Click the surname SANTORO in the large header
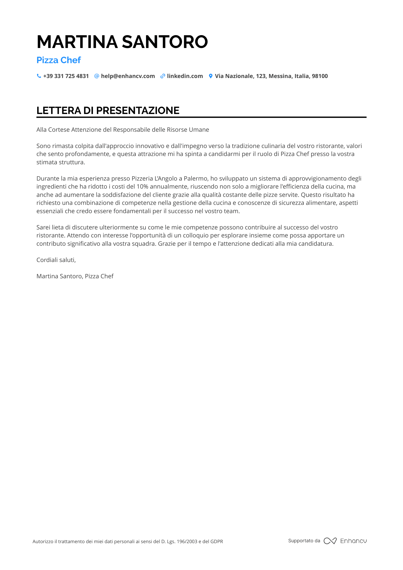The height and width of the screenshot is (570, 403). coord(165,42)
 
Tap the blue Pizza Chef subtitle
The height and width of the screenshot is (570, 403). coord(59,60)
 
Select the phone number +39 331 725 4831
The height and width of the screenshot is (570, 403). coord(66,76)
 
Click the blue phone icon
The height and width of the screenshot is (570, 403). coord(39,76)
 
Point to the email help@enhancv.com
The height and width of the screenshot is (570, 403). coord(128,76)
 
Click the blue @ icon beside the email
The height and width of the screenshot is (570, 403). coord(97,76)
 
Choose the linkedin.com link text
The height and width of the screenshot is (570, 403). coord(185,76)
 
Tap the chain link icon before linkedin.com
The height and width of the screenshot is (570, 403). coord(163,76)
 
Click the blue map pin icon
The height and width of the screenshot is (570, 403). coord(211,76)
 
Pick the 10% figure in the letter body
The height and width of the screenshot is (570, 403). coord(142,187)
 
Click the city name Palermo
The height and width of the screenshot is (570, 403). coord(195,179)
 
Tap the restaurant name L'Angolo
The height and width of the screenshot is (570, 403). coord(166,179)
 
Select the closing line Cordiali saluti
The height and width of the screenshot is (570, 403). coord(56,260)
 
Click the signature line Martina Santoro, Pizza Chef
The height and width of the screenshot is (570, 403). coord(75,276)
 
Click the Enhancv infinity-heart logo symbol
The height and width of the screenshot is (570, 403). coord(330,541)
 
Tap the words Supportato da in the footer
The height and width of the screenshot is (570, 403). coord(304,541)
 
